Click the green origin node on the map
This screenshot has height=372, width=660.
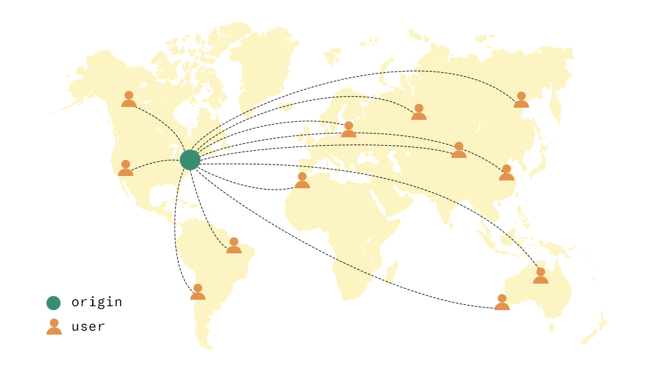(x=189, y=159)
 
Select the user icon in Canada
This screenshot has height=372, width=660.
(x=129, y=99)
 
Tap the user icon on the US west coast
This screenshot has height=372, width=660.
(x=126, y=168)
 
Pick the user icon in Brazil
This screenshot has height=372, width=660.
(x=234, y=246)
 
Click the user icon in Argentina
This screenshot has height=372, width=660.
(x=198, y=292)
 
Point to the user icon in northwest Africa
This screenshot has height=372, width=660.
(x=302, y=181)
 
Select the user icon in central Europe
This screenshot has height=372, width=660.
(x=349, y=130)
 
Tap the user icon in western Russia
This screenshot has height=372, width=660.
(x=419, y=112)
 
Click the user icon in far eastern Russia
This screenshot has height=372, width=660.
(x=521, y=100)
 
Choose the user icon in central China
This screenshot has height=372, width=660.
(x=459, y=150)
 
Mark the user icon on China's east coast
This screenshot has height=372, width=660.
(x=507, y=173)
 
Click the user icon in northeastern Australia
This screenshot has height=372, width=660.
(x=541, y=276)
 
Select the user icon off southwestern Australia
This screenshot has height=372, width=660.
(x=502, y=302)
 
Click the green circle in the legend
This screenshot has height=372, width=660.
(x=53, y=302)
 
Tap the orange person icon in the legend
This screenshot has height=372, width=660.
(x=54, y=327)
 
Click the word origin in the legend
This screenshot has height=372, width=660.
(x=97, y=302)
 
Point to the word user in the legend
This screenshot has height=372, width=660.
(x=88, y=327)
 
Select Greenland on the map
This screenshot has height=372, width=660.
(x=264, y=58)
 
